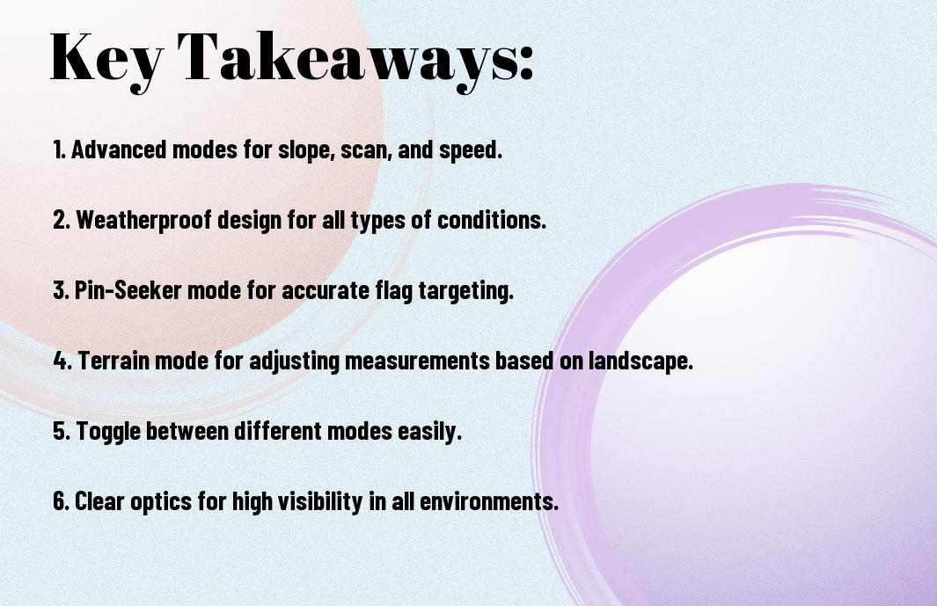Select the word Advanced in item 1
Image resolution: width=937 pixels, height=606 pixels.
[119, 150]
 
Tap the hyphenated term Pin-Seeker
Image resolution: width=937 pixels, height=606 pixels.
[128, 290]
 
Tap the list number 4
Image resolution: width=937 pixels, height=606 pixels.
[61, 361]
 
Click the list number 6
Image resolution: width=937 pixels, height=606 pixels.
[60, 501]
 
